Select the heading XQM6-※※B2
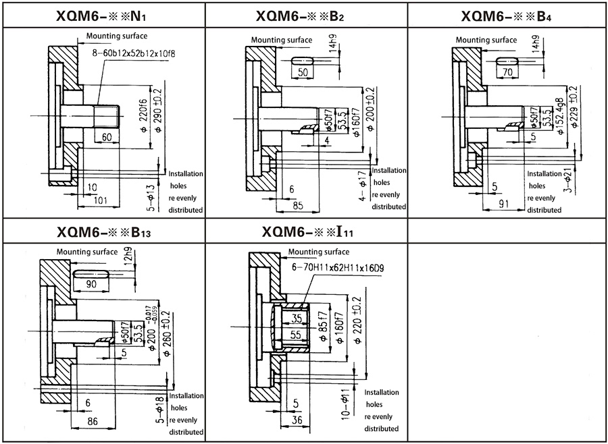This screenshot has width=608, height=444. point(301,14)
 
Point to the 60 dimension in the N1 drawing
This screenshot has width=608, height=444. point(107,137)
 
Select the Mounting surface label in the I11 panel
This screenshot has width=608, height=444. point(318,252)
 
